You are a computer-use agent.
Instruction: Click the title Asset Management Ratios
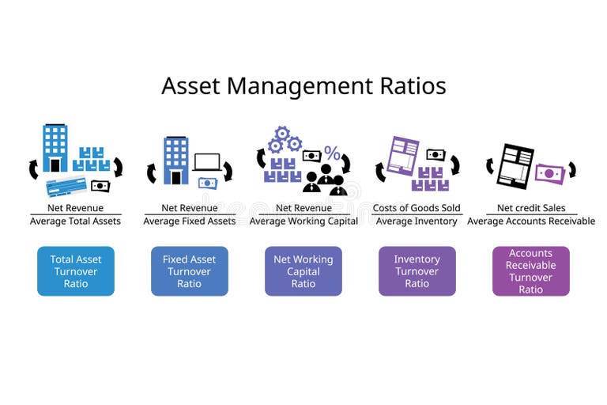tap(303, 85)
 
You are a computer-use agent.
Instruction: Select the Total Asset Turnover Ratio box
tap(76, 271)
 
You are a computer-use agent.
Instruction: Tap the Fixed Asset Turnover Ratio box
tap(190, 271)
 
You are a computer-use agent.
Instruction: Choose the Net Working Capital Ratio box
tap(303, 271)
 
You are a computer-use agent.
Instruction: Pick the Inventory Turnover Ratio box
tap(417, 271)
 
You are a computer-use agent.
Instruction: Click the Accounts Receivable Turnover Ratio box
tap(531, 271)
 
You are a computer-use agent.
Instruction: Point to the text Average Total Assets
tap(76, 221)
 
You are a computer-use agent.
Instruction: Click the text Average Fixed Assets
tap(190, 221)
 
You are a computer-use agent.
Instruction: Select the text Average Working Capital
tap(303, 221)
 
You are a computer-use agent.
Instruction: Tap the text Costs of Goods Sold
tap(417, 208)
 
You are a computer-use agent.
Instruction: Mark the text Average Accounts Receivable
tap(531, 221)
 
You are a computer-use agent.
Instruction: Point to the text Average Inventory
tap(417, 221)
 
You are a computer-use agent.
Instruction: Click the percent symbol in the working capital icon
tap(333, 154)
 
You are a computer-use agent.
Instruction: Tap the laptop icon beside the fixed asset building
tap(208, 162)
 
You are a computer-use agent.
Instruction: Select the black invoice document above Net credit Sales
tap(515, 165)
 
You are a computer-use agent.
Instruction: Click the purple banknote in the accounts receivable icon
tap(549, 172)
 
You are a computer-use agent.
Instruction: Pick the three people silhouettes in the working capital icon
tap(324, 181)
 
